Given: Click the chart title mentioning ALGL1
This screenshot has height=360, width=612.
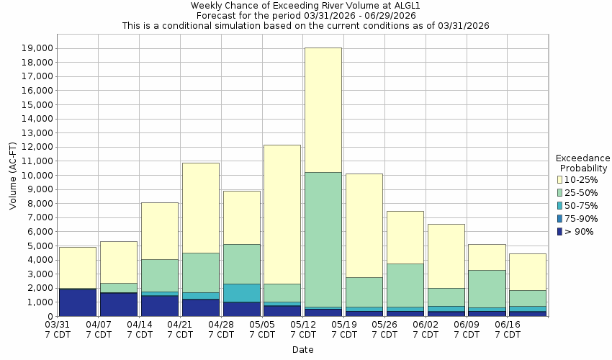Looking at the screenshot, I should tap(305, 5).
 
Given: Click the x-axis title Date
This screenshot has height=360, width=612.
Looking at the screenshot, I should tap(302, 350).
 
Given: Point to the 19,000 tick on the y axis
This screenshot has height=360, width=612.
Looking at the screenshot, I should tap(37, 48).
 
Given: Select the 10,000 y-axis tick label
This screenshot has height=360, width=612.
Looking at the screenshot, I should tap(37, 176).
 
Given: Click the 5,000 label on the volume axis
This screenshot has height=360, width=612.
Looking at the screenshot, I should tap(40, 246).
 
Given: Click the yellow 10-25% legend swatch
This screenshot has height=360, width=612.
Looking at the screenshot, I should tap(560, 180).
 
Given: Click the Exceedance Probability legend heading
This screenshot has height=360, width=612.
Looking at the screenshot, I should tap(583, 163).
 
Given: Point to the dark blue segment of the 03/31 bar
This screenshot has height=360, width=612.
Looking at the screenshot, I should tap(77, 302).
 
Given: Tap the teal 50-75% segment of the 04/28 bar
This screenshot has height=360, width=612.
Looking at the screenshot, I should tap(241, 292).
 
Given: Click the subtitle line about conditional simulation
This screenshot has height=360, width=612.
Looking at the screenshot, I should tap(305, 25).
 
